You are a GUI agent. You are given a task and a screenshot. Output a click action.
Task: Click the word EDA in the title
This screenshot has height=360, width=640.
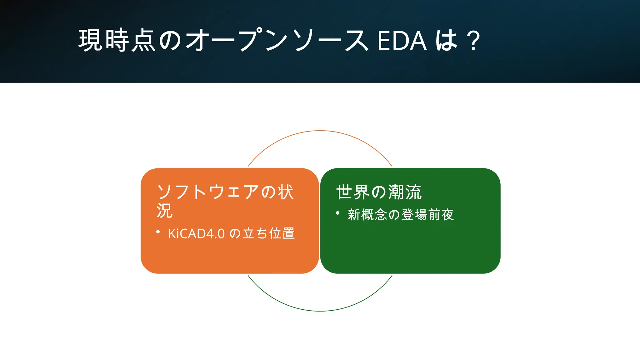coord(402,41)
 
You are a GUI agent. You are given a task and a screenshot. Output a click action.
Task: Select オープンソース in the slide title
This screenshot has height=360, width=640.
coord(277,41)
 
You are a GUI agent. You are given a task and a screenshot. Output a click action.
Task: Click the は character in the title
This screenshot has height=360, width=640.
coord(446,41)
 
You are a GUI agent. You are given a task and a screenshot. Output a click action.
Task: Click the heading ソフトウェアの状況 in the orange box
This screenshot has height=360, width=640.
coord(225,192)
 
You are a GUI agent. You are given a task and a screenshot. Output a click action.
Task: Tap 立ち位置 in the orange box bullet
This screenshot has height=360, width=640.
coord(269,233)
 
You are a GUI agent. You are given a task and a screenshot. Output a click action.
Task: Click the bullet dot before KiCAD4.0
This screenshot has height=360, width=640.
coord(158,232)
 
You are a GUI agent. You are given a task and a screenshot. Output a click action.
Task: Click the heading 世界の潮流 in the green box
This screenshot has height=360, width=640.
coord(379,192)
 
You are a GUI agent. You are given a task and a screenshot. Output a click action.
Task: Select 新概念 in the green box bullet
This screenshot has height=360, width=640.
coord(367,215)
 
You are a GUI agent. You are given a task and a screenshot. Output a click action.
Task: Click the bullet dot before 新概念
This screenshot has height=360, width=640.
coord(337,213)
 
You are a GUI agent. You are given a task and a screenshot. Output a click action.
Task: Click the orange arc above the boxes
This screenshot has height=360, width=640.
coord(320,131)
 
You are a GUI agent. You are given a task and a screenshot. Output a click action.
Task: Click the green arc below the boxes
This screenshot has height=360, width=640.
coord(320,311)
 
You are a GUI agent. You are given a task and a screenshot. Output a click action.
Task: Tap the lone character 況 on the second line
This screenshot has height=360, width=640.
coord(164,211)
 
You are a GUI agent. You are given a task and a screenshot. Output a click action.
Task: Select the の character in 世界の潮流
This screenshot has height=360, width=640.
coord(379,192)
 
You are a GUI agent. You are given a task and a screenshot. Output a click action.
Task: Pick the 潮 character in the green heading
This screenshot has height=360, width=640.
coord(396,192)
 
